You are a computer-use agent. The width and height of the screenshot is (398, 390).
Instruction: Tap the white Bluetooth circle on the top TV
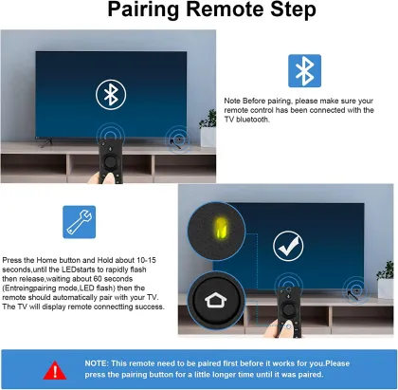110,93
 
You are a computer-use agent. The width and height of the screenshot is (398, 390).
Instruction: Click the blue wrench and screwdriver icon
79,221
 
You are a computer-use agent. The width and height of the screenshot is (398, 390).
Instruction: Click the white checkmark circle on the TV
287,247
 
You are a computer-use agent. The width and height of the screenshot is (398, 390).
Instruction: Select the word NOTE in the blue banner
97,362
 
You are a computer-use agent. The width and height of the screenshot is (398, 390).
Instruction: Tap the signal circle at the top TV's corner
176,139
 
